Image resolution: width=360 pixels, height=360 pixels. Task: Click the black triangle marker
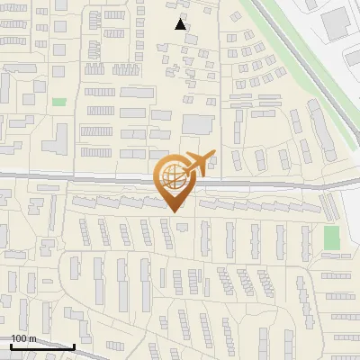click(181, 24)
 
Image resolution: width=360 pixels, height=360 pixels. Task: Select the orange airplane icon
click(201, 161)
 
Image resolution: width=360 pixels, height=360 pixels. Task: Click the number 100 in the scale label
click(20, 337)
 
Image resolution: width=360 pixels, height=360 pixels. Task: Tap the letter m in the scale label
click(33, 337)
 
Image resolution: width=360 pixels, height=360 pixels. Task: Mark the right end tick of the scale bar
click(74, 345)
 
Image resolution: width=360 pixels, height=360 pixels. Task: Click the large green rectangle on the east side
click(331, 238)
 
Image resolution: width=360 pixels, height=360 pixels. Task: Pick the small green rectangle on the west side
click(59, 103)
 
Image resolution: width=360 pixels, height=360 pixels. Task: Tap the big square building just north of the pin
click(198, 123)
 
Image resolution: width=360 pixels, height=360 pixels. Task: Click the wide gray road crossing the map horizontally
click(90, 178)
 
